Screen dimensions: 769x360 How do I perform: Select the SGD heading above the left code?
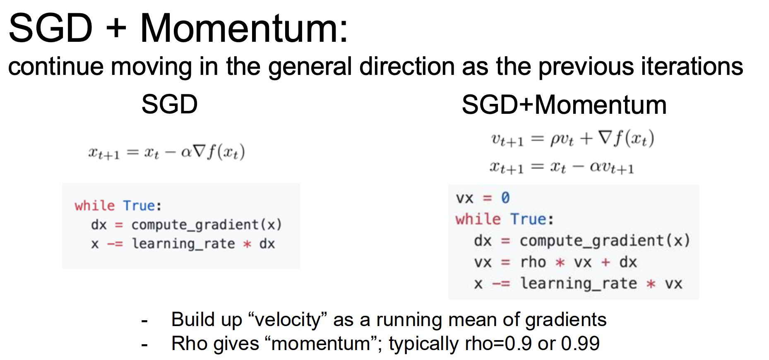click(170, 104)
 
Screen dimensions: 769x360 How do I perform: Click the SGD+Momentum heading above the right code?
click(564, 104)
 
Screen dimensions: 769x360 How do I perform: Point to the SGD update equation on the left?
click(166, 152)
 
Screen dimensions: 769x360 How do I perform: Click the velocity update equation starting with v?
click(572, 139)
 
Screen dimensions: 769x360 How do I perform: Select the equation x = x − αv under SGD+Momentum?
click(562, 167)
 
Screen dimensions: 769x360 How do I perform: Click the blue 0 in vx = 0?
click(505, 198)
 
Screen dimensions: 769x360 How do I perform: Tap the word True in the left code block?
click(139, 206)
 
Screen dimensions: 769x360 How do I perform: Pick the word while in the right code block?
click(478, 218)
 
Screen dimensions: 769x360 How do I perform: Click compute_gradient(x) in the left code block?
click(207, 225)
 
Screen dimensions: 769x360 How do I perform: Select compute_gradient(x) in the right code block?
click(605, 241)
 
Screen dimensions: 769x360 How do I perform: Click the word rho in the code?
click(533, 262)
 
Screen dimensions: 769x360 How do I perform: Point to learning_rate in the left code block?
click(183, 244)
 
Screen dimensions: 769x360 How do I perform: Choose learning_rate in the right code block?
click(579, 284)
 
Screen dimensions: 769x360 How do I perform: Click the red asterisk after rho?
click(560, 262)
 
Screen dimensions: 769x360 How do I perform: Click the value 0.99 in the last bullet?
click(580, 343)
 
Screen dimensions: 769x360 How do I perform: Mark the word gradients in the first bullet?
click(566, 320)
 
